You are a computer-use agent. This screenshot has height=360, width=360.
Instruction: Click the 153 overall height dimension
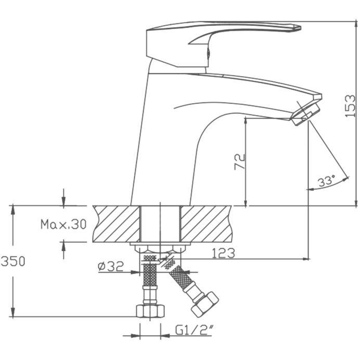[x=351, y=106]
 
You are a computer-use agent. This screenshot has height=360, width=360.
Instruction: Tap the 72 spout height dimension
[x=240, y=162]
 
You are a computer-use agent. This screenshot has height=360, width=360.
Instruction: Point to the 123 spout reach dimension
[x=223, y=253]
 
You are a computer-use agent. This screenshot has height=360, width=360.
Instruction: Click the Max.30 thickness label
[x=63, y=224]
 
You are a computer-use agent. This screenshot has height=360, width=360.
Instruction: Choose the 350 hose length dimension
[x=13, y=261]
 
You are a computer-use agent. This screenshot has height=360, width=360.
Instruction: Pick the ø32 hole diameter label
[x=111, y=266]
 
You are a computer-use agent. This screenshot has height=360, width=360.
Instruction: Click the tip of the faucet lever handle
[x=300, y=28]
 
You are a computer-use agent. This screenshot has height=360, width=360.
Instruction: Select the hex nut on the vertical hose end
[x=150, y=311]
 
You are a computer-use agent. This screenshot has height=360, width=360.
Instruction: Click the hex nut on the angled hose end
[x=205, y=304]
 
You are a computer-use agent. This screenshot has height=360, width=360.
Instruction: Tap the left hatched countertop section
[x=117, y=224]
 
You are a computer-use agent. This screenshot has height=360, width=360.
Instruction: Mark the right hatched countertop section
[x=206, y=224]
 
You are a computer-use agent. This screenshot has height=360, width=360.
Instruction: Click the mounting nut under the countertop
[x=160, y=249]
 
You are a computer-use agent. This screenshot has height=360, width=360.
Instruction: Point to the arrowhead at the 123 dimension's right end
[x=306, y=259]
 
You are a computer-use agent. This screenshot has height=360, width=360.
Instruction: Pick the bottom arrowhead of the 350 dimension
[x=13, y=312]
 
